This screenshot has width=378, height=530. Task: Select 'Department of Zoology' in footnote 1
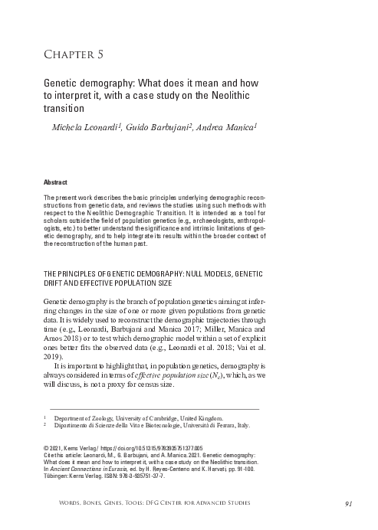click(x=95, y=419)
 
